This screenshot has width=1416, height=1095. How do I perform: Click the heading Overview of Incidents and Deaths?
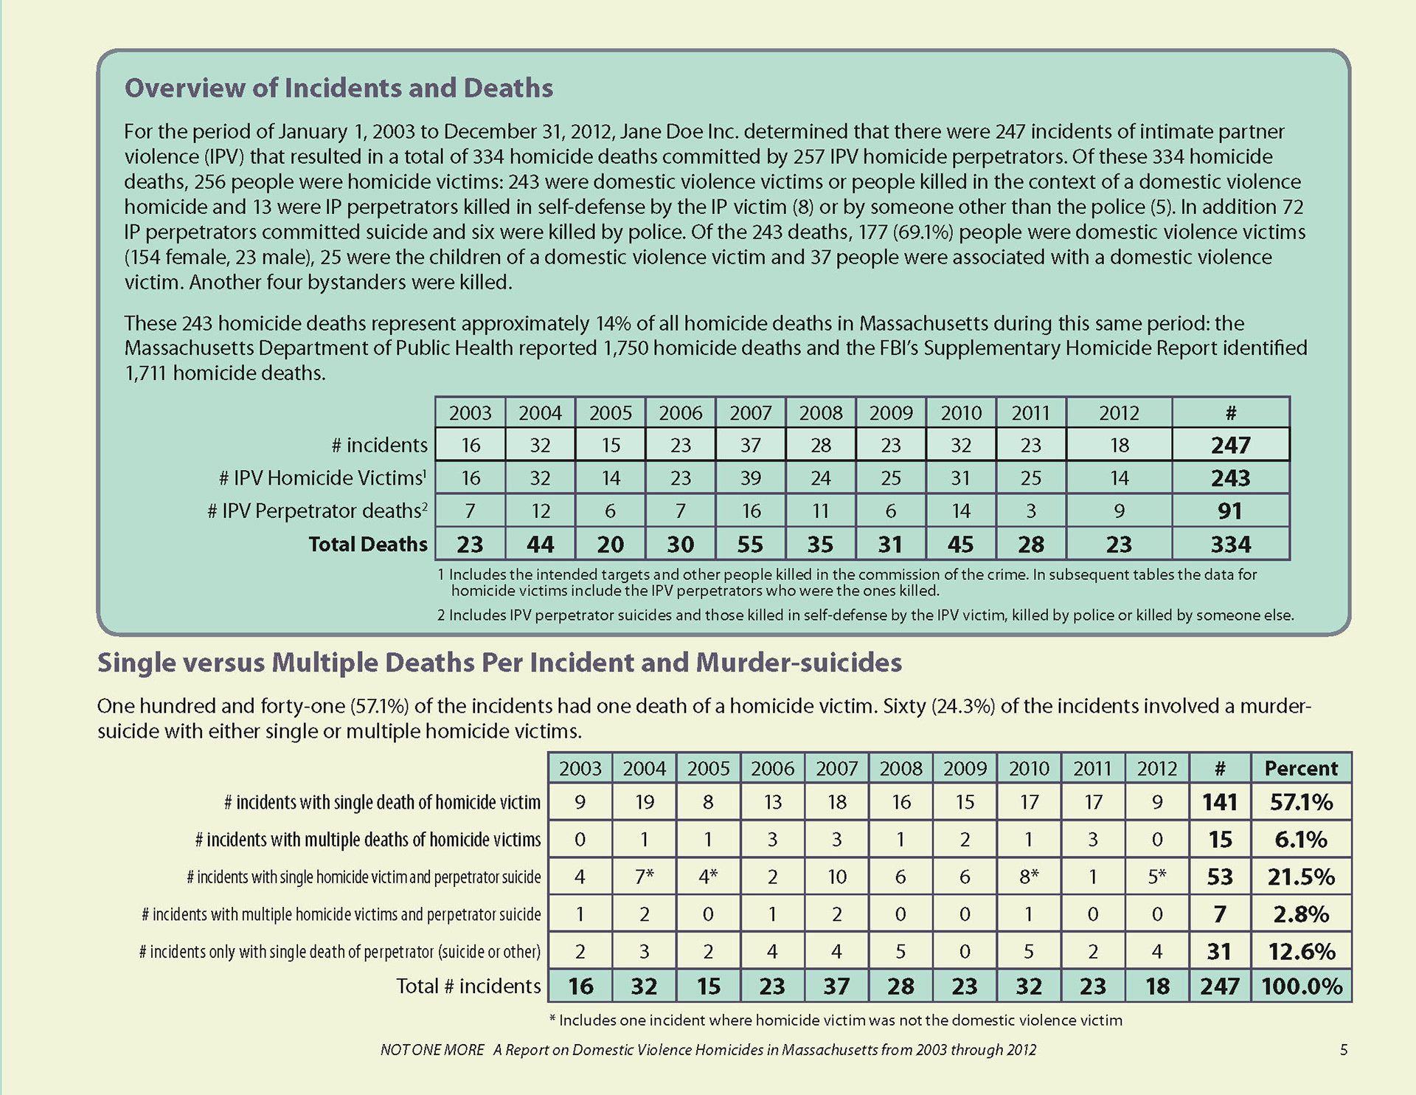pos(339,88)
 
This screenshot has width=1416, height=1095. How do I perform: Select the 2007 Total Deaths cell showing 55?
pos(750,545)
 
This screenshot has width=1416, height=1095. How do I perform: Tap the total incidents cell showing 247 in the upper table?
pos(1230,445)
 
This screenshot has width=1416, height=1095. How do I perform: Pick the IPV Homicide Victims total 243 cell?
pos(1230,478)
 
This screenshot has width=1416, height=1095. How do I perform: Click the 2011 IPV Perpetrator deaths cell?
pos(1030,511)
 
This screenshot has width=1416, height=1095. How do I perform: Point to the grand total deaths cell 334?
pos(1230,545)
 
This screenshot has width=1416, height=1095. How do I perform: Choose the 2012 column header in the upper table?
pos(1119,412)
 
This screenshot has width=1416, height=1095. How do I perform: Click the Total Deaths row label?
pos(367,545)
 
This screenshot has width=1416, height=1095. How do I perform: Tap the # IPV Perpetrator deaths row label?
pos(317,511)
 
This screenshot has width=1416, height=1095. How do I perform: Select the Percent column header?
pos(1301,768)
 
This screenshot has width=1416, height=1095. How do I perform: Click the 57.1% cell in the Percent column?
pos(1301,802)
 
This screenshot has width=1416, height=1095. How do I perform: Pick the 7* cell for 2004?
pos(645,877)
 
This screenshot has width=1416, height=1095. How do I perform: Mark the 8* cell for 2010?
pos(1029,877)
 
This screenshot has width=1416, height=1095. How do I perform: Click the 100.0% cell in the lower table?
pos(1301,987)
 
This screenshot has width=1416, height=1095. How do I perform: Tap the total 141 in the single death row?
pos(1220,802)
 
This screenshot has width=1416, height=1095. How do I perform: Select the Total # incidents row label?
pos(468,987)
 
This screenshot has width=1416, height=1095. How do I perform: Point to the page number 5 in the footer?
pos(1344,1050)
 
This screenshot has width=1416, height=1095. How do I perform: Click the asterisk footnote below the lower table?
pos(836,1020)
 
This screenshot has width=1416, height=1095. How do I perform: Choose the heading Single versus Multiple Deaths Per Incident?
pos(499,663)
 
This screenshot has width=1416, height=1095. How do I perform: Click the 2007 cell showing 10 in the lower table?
pos(836,877)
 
